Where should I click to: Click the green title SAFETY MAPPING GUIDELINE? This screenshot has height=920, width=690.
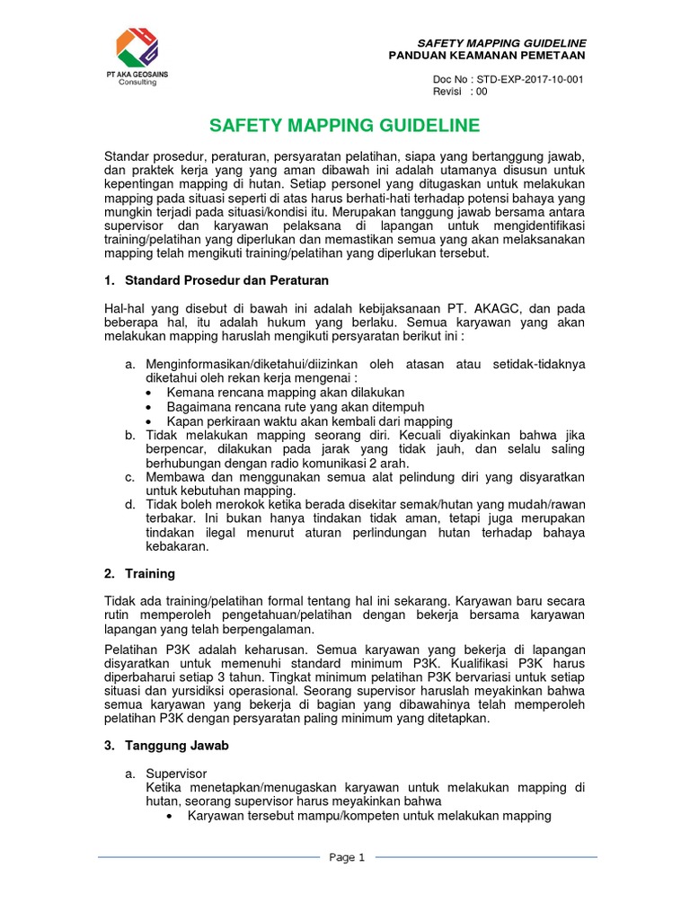coord(344,125)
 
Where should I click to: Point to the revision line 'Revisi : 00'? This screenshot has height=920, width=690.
coord(460,92)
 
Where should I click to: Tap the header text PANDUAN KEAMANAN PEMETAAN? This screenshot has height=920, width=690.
coord(487,56)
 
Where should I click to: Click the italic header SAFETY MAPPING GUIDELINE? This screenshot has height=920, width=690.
coord(501,43)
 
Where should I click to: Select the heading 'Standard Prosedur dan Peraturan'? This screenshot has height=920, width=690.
coord(227,281)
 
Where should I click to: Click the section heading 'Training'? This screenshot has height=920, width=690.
coord(150,573)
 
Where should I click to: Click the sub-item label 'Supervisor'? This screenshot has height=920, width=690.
coord(176,773)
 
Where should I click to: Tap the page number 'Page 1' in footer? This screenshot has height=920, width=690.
coord(347,857)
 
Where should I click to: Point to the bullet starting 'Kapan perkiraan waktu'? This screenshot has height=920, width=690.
coord(309,420)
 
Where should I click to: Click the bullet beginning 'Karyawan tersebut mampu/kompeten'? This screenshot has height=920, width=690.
coord(368,816)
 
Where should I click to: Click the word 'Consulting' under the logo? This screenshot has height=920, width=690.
coord(137,82)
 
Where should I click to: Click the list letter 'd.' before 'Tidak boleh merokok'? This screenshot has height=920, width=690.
coord(130,505)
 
